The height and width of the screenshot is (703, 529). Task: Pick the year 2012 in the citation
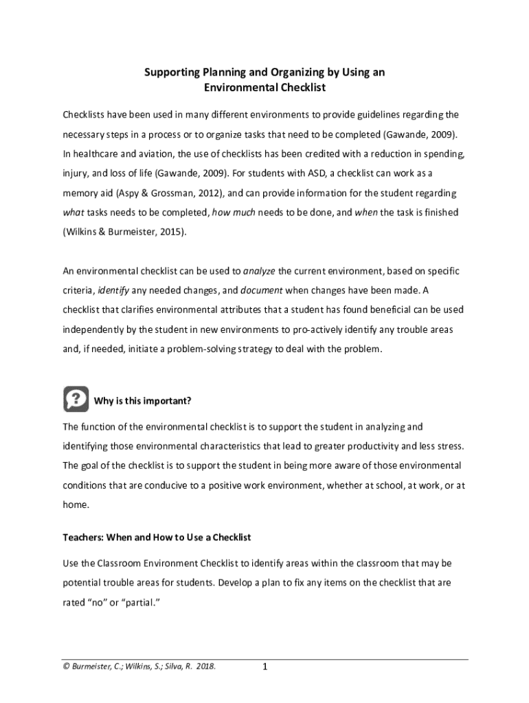pos(210,194)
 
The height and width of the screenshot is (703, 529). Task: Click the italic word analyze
pos(259,271)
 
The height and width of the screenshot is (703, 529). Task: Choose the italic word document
pos(260,290)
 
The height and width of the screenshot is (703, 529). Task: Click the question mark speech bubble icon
pos(76,399)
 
